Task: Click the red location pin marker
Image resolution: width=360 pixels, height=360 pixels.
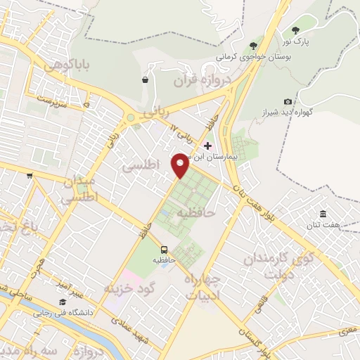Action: [181, 165]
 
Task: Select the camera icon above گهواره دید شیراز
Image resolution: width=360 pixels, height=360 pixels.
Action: [288, 102]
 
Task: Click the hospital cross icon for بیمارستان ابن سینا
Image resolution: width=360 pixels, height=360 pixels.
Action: [207, 145]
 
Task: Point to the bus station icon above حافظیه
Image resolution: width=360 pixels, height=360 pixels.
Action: [164, 250]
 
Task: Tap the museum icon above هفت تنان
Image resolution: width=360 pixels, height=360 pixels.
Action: [323, 214]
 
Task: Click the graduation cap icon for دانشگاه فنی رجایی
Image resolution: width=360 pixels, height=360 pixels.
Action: [63, 302]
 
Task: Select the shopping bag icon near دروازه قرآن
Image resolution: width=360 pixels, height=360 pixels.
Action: [145, 80]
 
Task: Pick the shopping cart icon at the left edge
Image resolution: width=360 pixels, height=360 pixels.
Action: [30, 176]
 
